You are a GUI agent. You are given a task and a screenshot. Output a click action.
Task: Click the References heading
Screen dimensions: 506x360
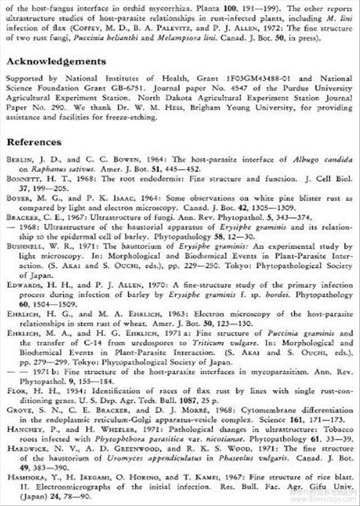[34, 142]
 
